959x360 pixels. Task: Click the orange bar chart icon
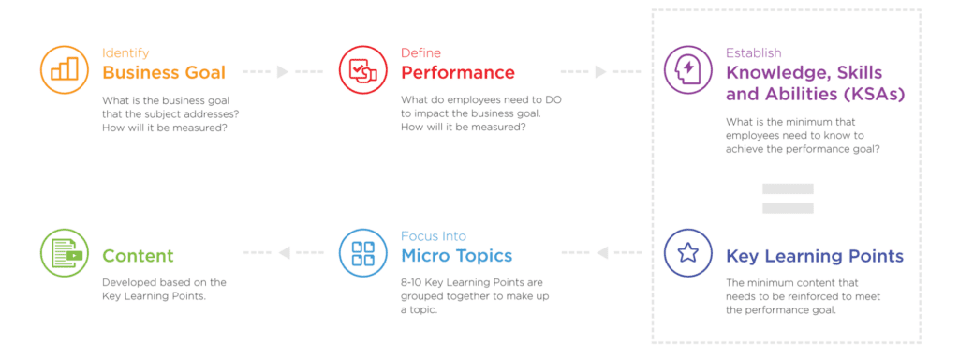coord(64,70)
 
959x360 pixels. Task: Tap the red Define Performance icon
coord(362,70)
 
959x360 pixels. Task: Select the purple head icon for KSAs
coord(687,70)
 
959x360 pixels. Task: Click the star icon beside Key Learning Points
coord(687,253)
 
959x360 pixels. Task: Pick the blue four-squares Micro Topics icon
coord(362,253)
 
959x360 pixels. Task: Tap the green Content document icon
coord(64,253)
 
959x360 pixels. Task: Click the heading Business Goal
coord(163,73)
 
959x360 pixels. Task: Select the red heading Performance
coord(458,73)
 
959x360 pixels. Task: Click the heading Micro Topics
coord(456,256)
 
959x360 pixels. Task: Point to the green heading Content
coord(138,256)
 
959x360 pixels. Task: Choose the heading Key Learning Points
coord(814,256)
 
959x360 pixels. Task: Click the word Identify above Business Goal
coord(125,53)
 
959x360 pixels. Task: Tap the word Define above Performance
coord(420,53)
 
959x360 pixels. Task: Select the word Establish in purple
coord(754,53)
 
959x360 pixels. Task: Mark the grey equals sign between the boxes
coord(788,197)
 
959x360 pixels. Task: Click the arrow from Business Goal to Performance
coord(282,72)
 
